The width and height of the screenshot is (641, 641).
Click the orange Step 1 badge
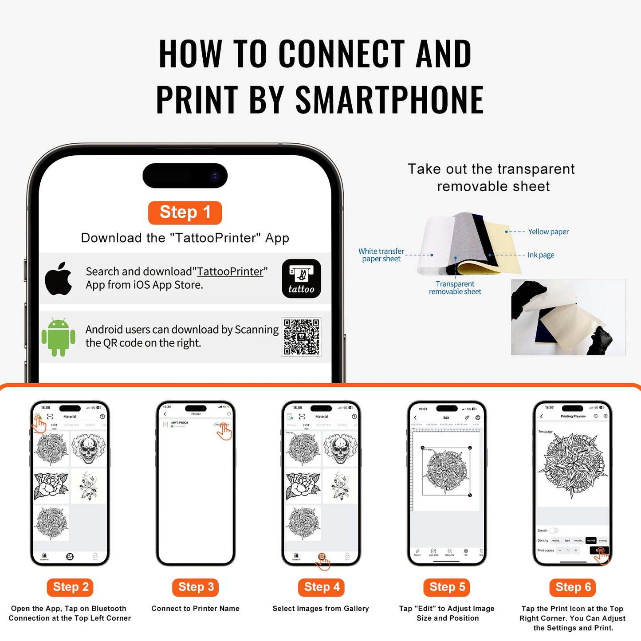click(x=185, y=212)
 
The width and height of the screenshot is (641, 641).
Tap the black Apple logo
click(x=59, y=279)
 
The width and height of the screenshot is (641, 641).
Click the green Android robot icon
click(x=58, y=337)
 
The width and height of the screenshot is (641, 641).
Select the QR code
click(x=301, y=337)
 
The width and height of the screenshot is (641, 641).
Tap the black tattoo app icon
click(x=301, y=279)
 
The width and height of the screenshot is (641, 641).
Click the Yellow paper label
click(x=548, y=232)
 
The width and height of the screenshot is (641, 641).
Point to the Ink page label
click(x=540, y=255)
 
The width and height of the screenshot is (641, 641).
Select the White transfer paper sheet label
click(x=381, y=255)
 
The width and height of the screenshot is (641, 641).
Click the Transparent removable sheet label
click(x=455, y=287)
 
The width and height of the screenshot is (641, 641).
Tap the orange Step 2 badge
click(x=70, y=587)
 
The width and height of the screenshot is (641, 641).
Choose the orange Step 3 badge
click(x=196, y=587)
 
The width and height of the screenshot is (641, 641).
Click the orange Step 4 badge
click(x=321, y=587)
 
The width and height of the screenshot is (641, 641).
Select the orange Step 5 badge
click(x=447, y=587)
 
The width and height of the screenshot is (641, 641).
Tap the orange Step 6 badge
click(x=573, y=587)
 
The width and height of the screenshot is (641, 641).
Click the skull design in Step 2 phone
click(x=88, y=449)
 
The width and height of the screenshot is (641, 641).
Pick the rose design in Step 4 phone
click(x=303, y=486)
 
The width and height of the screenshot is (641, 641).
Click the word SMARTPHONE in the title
click(x=389, y=100)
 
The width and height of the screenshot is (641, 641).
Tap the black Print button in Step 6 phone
click(x=599, y=551)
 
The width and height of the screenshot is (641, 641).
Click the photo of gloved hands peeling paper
click(x=568, y=317)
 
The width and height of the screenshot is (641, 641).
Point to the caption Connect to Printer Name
click(x=195, y=609)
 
